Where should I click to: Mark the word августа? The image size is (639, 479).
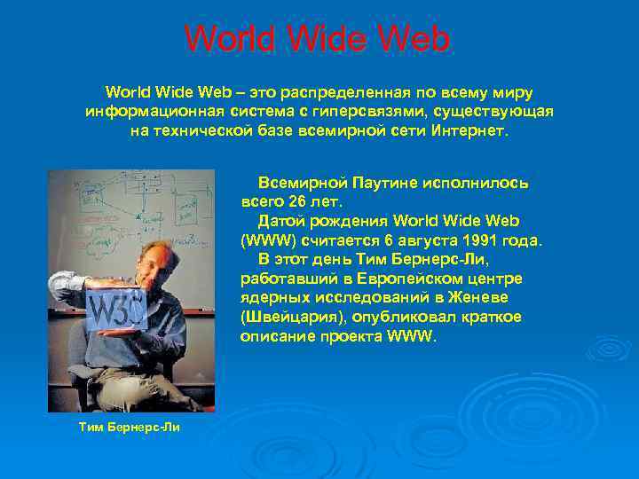pyautogui.click(x=422, y=239)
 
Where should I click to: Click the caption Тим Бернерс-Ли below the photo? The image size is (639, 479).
pyautogui.click(x=130, y=428)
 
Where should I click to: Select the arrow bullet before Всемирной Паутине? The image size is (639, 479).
pyautogui.click(x=248, y=183)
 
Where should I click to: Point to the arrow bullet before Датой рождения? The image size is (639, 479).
pyautogui.click(x=248, y=220)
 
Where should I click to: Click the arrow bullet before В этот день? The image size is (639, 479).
pyautogui.click(x=248, y=259)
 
